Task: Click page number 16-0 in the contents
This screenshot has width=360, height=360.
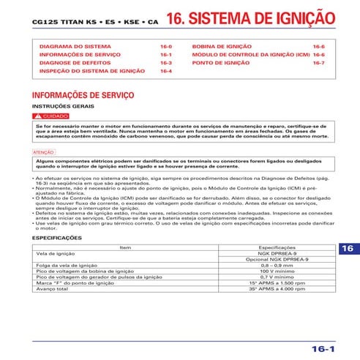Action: (x=165, y=46)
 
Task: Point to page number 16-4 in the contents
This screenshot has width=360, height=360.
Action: (x=165, y=71)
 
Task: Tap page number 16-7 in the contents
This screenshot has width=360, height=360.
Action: (x=318, y=63)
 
